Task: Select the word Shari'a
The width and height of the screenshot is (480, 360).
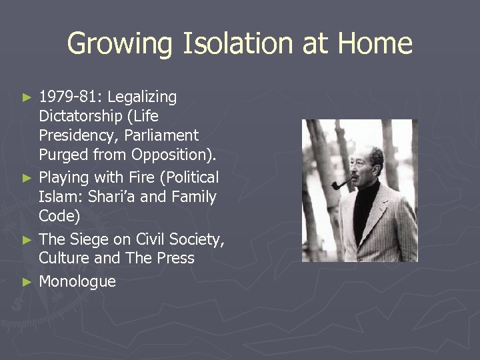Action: [134, 197]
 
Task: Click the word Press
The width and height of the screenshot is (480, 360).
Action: [175, 259]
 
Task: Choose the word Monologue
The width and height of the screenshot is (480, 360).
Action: [77, 281]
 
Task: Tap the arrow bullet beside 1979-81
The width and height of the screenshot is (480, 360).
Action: [27, 98]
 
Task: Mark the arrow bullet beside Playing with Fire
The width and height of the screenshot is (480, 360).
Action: [27, 178]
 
